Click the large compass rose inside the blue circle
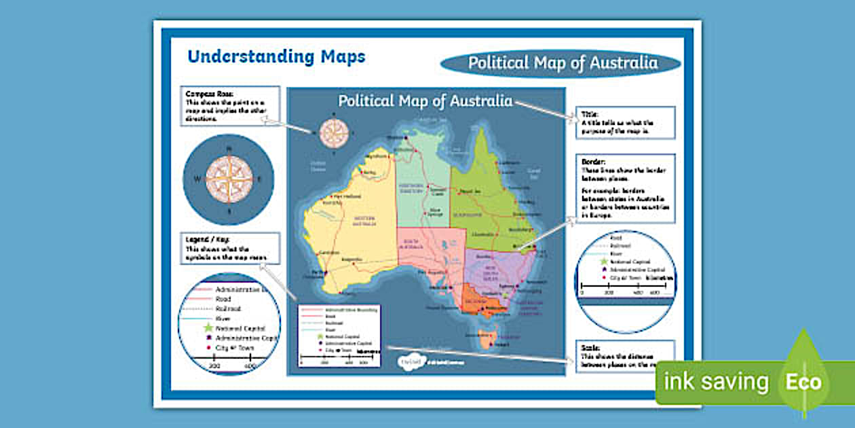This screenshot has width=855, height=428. click(229, 179)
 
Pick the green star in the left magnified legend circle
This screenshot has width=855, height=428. click(208, 327)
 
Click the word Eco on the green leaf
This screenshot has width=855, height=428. click(803, 382)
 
